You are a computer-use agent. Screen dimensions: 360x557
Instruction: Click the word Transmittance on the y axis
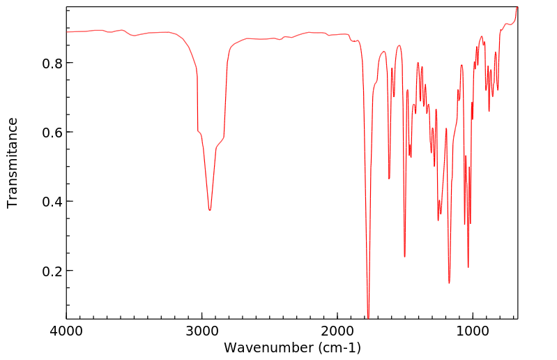point(13,163)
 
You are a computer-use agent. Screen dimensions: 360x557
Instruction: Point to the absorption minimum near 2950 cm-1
point(209,210)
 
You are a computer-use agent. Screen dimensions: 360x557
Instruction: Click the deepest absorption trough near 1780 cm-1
point(368,316)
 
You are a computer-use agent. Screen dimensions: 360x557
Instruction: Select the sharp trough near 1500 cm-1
point(404,256)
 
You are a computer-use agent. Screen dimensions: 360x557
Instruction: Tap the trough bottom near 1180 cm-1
point(449,283)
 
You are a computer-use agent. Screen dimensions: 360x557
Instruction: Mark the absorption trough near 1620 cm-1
point(389,179)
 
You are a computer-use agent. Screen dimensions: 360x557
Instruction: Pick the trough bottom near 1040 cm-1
point(468,267)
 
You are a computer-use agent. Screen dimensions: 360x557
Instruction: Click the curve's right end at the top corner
point(517,7)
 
